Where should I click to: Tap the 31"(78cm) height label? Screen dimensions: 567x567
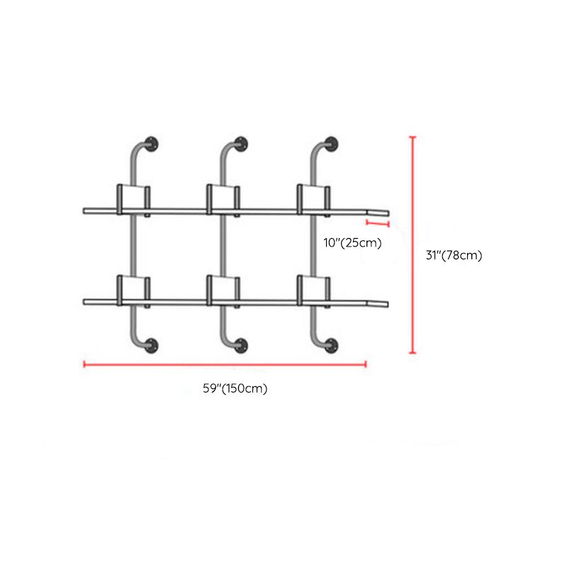pos(454,256)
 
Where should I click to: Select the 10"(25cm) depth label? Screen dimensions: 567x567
pos(352,242)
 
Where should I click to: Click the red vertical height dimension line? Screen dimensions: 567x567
pos(413,245)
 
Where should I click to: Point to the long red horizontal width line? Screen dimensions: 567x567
pos(225,365)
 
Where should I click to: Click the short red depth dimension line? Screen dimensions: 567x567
pos(378,223)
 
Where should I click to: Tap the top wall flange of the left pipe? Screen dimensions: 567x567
pos(152,141)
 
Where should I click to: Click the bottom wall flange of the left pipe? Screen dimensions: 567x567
pos(152,345)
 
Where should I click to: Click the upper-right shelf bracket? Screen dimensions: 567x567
pos(313,198)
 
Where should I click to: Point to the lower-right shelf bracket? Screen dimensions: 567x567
pos(313,288)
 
